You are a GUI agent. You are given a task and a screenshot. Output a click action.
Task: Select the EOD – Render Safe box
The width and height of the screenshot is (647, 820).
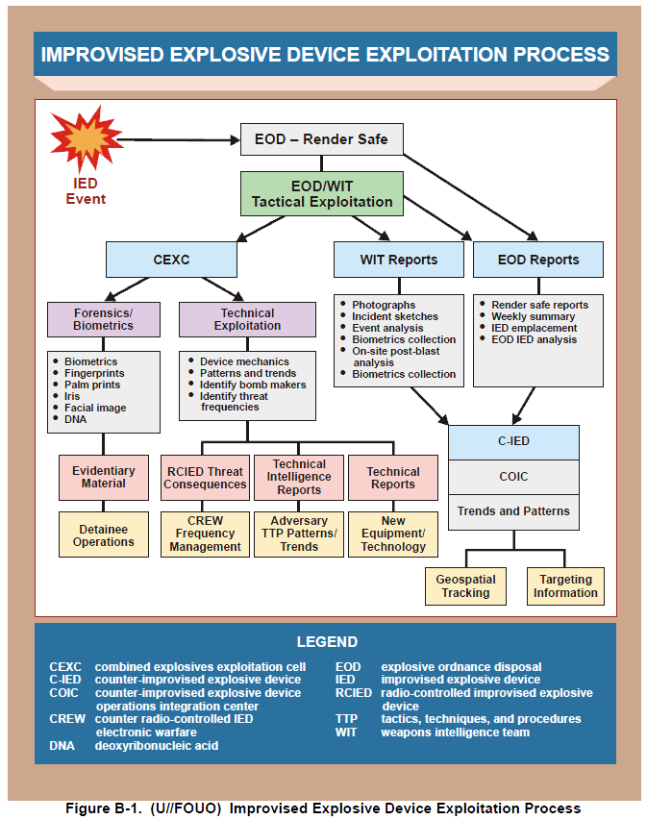[x=321, y=139]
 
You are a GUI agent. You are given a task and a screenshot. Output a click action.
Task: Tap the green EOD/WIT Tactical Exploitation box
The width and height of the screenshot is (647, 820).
[x=322, y=193]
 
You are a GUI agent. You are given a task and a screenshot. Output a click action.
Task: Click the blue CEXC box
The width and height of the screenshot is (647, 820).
[x=171, y=260]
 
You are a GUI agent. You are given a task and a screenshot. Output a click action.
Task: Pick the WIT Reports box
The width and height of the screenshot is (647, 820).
[x=399, y=260]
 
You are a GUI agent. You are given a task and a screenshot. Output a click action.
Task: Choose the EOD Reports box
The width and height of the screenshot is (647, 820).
[x=538, y=260]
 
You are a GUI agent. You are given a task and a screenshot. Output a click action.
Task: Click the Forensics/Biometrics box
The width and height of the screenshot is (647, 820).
[x=103, y=319]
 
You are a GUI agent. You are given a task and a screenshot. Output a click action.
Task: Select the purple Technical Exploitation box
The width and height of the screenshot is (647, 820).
[x=247, y=319]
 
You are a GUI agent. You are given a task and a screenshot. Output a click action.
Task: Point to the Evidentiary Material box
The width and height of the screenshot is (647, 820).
[x=104, y=478]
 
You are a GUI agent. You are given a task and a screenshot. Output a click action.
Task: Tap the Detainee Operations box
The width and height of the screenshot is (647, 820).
[x=104, y=534]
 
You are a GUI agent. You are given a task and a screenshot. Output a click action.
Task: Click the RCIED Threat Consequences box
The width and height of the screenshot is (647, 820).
[x=205, y=478]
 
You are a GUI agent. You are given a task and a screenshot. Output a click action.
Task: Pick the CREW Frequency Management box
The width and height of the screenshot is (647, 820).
[x=205, y=534]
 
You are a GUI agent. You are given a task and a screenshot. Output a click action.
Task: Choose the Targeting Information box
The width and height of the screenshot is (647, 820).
[x=565, y=586]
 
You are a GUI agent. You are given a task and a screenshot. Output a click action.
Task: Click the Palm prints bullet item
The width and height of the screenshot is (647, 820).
[x=91, y=385]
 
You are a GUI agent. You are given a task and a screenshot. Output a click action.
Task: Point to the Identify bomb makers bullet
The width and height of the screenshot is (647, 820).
[x=253, y=385]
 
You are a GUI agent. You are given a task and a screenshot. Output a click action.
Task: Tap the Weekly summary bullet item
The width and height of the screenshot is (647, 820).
[x=533, y=316]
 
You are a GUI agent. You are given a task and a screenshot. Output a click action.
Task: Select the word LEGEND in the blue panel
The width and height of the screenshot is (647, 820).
[x=327, y=642]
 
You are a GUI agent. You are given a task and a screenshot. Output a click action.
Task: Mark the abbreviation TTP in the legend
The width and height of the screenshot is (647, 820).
[x=346, y=719]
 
